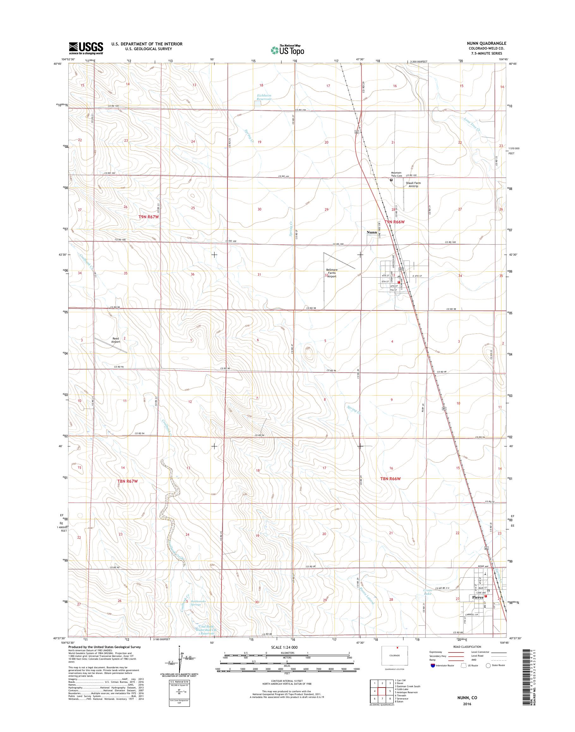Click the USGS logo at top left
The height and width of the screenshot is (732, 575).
point(86,48)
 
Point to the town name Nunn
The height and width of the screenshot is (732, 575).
point(372,232)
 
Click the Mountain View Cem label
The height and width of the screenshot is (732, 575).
point(396,174)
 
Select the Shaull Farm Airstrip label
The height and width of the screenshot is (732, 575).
point(412,184)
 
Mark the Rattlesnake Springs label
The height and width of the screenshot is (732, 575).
point(196,603)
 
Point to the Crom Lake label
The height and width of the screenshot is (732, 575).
point(427,592)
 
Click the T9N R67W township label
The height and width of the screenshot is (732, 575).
point(148,217)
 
